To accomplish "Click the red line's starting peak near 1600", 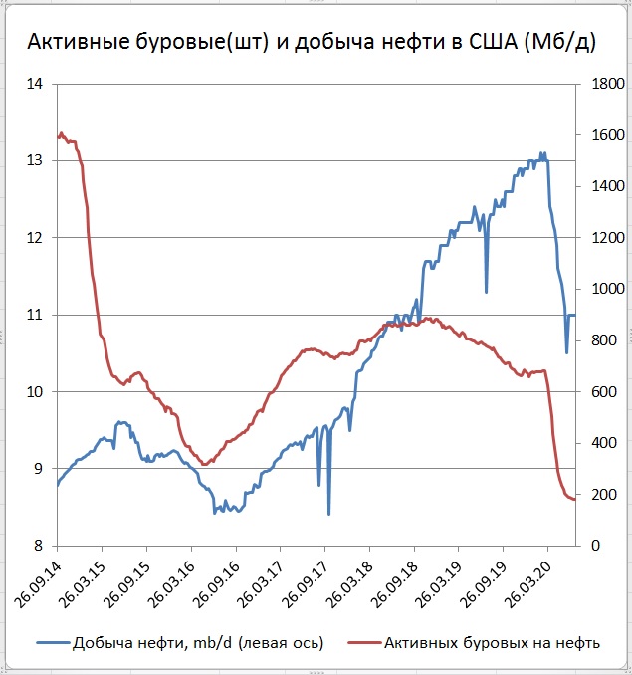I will [61, 133].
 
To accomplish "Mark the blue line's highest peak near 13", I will [542, 153].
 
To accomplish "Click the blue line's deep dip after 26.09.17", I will [328, 514].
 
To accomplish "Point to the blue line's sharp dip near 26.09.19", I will [487, 292].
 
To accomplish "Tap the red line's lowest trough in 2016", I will [204, 464].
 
